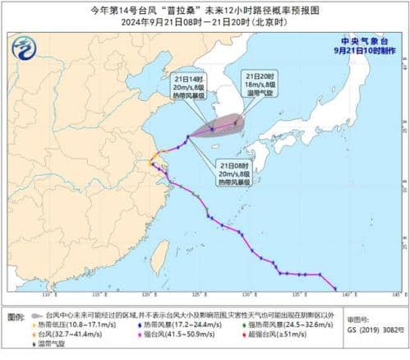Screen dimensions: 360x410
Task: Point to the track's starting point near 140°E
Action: [335, 288]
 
